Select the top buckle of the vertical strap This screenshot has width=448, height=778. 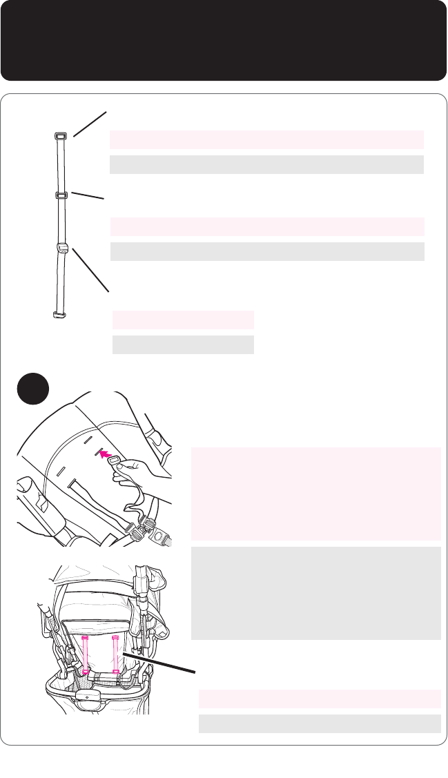tap(60, 136)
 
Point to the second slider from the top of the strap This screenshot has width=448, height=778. tap(61, 195)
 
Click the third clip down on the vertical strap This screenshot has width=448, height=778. tap(61, 249)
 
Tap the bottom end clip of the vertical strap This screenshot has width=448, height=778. tap(59, 315)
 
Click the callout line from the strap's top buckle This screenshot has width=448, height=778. tap(90, 125)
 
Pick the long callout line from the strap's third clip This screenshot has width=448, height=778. tap(90, 270)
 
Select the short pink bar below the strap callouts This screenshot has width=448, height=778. tap(183, 320)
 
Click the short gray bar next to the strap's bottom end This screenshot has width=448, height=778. tap(183, 344)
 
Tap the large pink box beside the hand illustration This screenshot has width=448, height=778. tap(315, 494)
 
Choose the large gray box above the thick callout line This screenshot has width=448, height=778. tap(315, 594)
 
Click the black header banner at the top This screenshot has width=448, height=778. tap(224, 40)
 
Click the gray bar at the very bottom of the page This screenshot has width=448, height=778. tap(320, 723)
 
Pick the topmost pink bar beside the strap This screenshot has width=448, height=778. tap(266, 139)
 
